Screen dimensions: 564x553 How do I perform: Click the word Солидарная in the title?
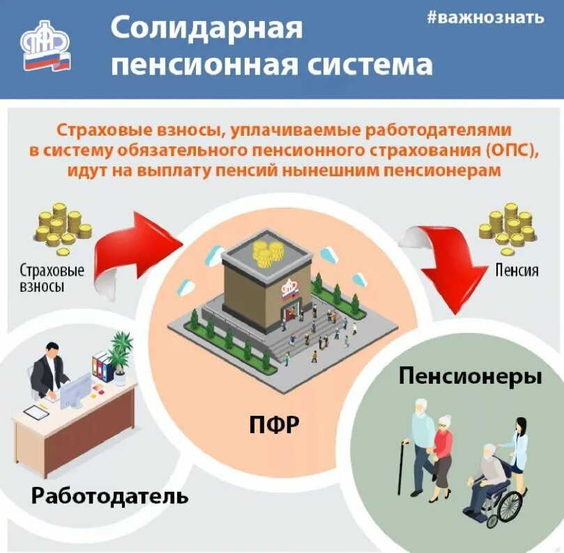pos(207,29)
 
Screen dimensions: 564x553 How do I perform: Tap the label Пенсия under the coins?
pos(516,269)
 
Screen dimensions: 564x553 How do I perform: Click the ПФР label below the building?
pos(275,425)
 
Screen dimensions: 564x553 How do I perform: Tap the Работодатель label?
pos(110,496)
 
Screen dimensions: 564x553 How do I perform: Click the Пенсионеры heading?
pos(470,377)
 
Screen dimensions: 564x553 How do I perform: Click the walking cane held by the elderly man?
pos(402,467)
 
